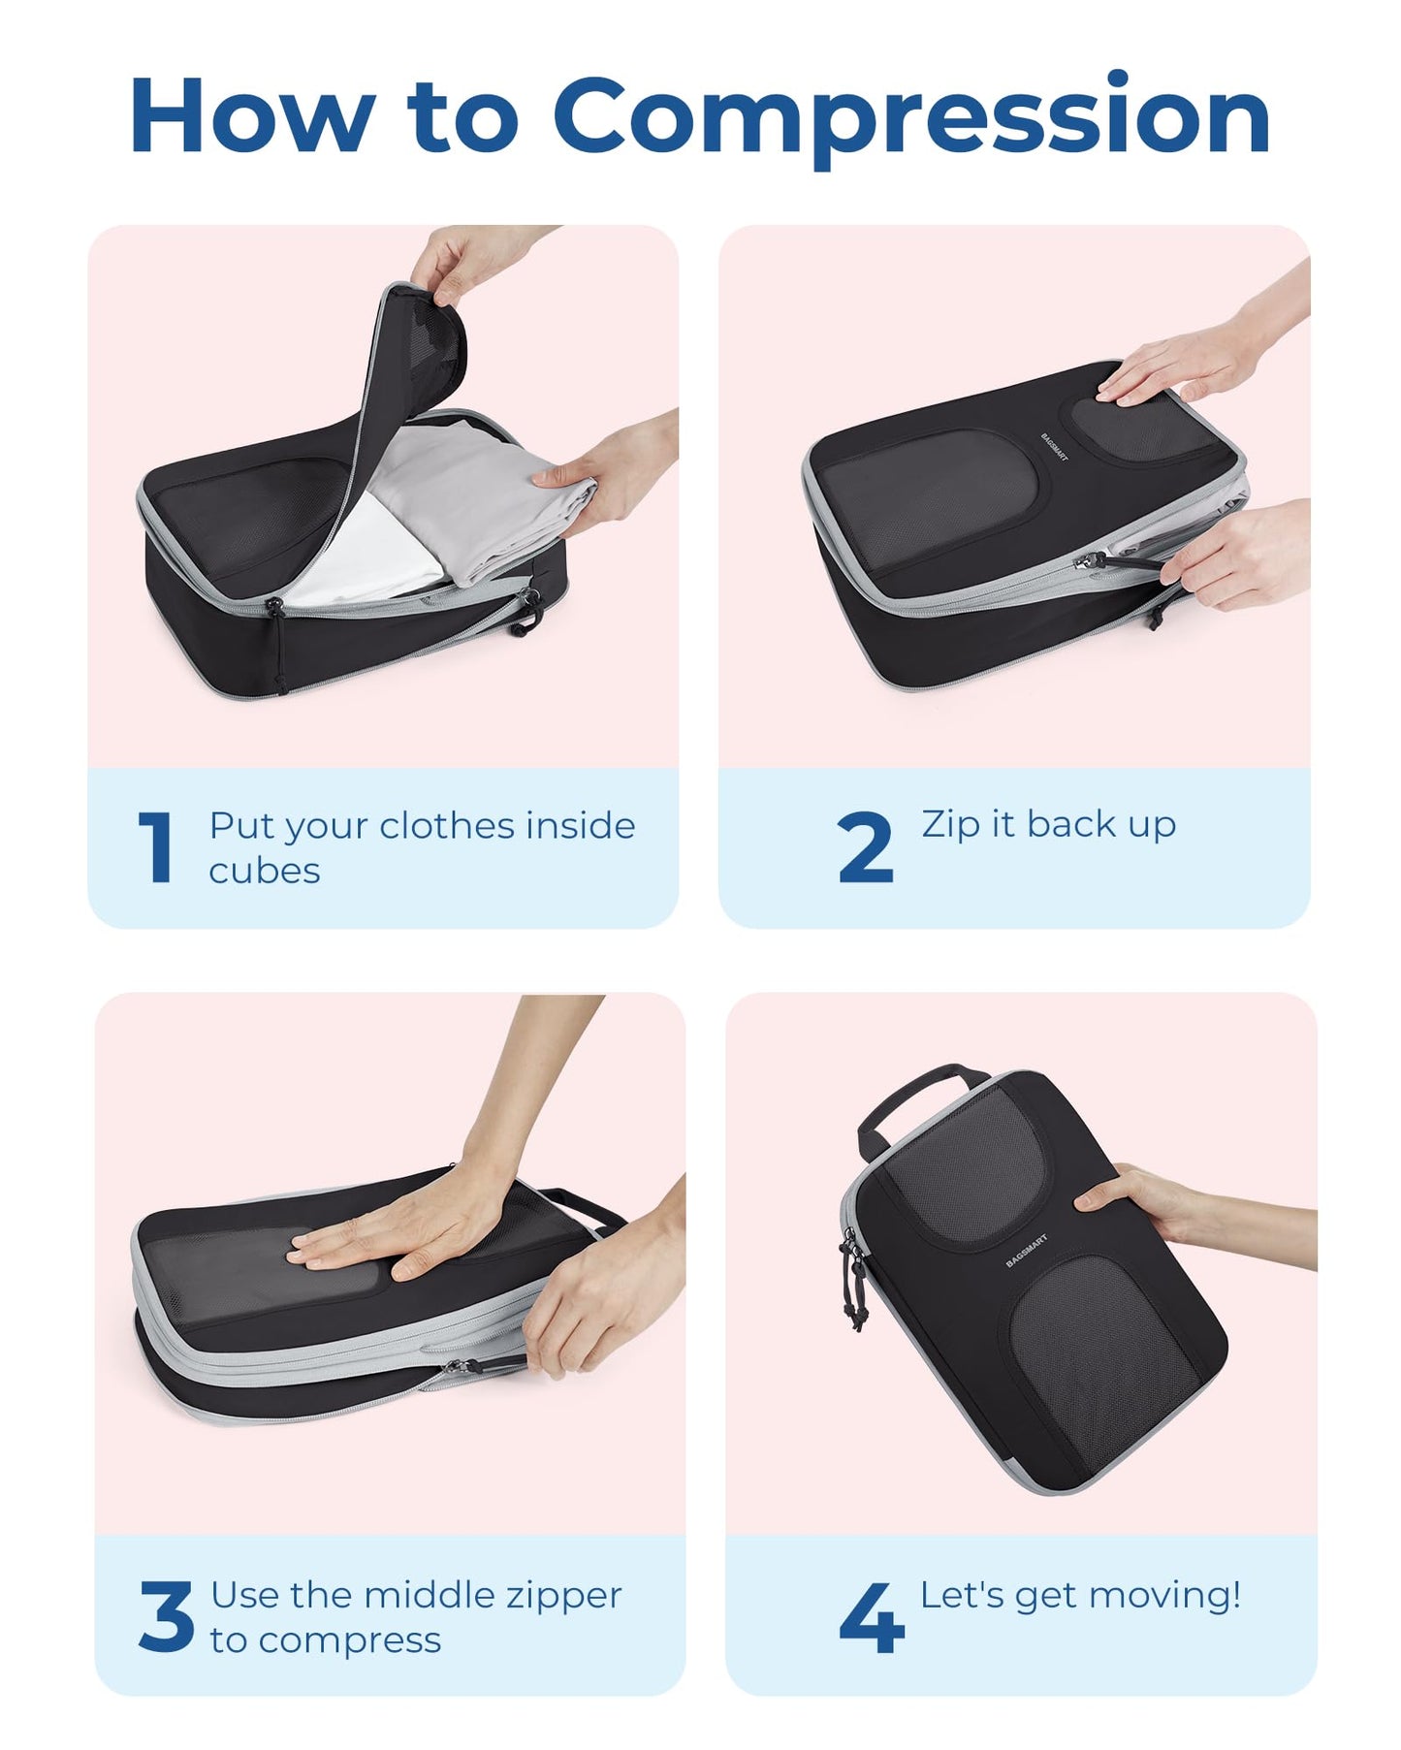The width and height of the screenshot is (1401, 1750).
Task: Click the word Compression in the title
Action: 911,116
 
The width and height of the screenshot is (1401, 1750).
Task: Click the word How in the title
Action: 252,116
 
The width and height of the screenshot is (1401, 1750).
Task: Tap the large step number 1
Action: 156,848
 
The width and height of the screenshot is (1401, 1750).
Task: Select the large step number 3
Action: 166,1616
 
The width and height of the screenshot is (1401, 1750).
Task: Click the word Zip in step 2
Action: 950,824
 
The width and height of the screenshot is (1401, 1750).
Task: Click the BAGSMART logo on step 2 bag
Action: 1054,448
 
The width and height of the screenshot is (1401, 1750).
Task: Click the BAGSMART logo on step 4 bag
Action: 1027,1251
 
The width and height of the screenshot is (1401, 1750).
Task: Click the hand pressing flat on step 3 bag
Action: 407,1231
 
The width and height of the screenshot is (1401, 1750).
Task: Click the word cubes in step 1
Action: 264,871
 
